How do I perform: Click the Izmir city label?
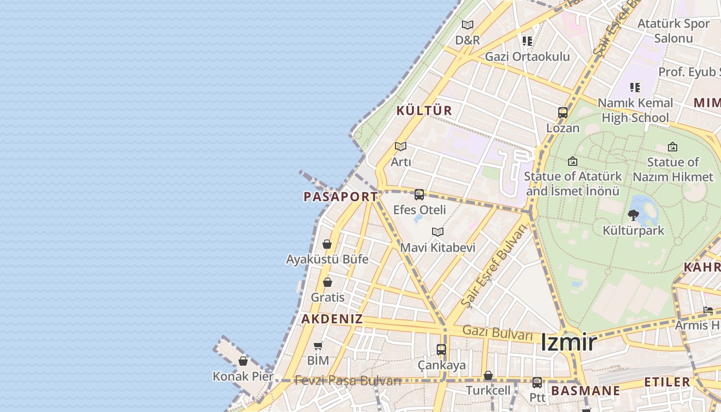tap(569, 342)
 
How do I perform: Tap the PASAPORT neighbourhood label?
tap(341, 197)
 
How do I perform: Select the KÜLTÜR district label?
tap(424, 110)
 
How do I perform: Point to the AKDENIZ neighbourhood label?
tap(332, 319)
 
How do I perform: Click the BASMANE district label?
tap(586, 390)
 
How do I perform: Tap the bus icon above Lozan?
tap(563, 112)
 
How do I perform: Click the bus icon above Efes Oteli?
tap(419, 195)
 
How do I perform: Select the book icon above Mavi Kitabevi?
tap(438, 232)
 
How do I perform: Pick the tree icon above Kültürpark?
tap(633, 215)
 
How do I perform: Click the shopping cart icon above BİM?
tap(318, 346)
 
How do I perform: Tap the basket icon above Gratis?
tap(328, 282)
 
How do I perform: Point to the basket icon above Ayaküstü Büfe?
tap(327, 244)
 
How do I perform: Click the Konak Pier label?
tap(243, 376)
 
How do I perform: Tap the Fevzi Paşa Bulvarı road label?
tap(348, 381)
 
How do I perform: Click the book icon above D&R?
tap(468, 25)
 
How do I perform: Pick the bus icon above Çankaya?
tap(441, 350)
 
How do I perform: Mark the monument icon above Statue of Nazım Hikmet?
tap(673, 147)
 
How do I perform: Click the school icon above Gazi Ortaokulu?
tap(527, 41)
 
